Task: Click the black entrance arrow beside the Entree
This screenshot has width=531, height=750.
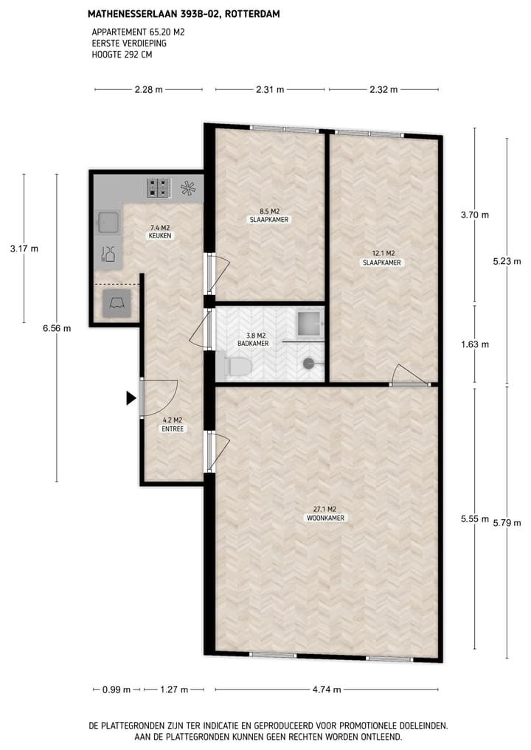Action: tap(131, 399)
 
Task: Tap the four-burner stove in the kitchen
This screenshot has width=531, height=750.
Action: tap(158, 188)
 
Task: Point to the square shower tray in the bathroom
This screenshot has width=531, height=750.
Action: tap(309, 322)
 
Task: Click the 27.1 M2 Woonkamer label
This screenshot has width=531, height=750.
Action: tap(325, 513)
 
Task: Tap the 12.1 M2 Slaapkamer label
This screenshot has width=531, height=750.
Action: tap(381, 257)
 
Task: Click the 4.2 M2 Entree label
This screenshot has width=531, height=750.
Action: tap(172, 425)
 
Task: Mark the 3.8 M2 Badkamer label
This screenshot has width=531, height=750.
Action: tap(251, 339)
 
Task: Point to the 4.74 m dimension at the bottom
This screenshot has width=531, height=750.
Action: tap(327, 690)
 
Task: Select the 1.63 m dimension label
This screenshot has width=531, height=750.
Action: tap(475, 344)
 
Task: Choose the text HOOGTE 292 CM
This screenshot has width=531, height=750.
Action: tap(122, 54)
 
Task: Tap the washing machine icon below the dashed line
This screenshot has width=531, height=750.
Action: tap(117, 302)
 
